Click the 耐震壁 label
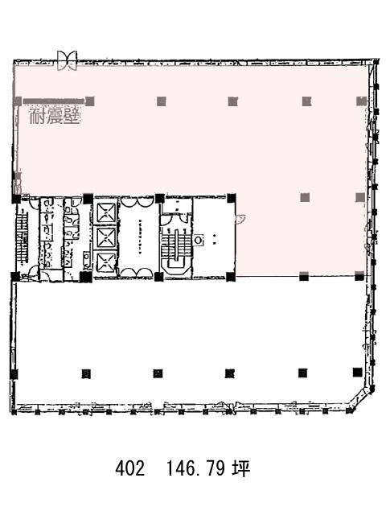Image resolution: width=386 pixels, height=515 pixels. click(55, 116)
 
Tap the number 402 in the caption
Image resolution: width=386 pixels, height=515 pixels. click(130, 468)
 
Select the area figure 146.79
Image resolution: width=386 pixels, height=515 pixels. click(195, 468)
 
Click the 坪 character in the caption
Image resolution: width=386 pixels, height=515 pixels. click(241, 468)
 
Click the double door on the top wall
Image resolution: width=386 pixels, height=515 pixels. click(68, 60)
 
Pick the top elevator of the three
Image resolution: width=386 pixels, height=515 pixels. click(106, 212)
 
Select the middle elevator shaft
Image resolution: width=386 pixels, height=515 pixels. click(106, 237)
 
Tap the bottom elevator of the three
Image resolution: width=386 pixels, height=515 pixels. click(106, 261)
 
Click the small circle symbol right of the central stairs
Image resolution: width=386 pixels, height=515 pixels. click(198, 241)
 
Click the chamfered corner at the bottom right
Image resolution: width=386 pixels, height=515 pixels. click(360, 399)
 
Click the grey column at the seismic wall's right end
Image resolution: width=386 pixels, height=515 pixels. click(89, 101)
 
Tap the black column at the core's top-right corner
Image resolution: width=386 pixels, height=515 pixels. click(231, 198)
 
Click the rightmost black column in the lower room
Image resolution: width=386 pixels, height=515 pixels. click(357, 373)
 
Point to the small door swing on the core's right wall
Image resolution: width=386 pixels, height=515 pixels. click(240, 219)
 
